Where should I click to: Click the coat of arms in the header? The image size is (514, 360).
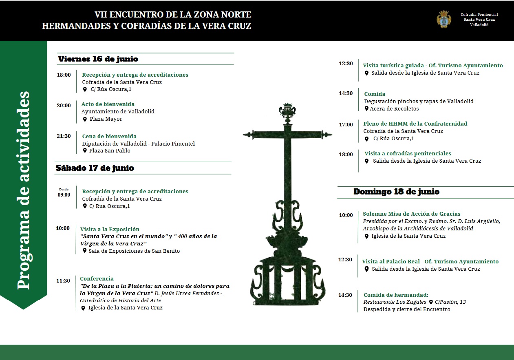pos(444,19)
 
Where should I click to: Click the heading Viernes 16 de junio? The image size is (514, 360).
pos(98,59)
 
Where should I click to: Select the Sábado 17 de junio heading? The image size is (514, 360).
pos(95,168)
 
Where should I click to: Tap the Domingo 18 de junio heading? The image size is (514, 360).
pos(396,192)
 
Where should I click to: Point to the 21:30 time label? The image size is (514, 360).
pos(64,136)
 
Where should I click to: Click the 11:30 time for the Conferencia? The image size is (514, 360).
pos(63,281)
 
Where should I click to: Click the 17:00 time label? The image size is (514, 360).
pos(346,125)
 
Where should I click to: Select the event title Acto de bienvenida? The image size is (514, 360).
pos(108,104)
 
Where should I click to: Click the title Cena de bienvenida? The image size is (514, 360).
pos(109,136)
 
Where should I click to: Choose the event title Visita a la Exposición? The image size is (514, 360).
pos(110,229)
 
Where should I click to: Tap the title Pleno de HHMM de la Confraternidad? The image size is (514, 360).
pos(415,124)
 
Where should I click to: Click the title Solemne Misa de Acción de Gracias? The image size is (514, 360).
pos(412,214)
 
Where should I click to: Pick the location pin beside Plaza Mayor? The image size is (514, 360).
pos(85,119)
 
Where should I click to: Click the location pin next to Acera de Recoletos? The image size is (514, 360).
pos(366,109)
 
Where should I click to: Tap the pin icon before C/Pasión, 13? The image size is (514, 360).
pos(431,302)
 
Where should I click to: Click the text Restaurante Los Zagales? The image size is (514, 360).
pos(395,302)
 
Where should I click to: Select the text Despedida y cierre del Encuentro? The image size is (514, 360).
pos(407,309)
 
